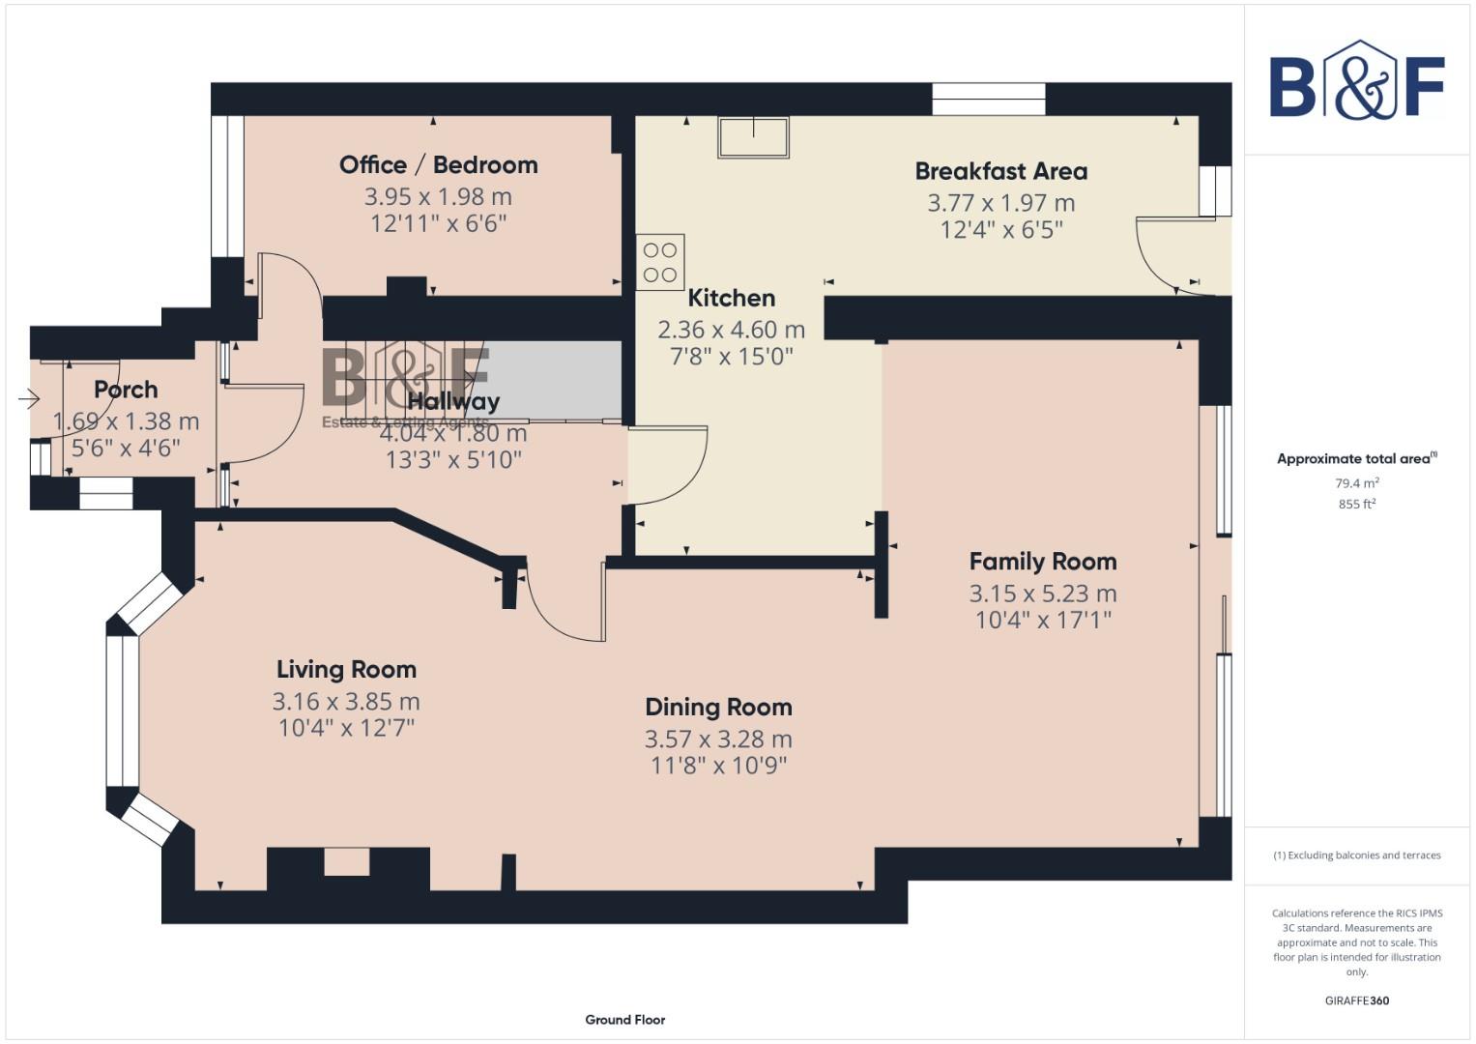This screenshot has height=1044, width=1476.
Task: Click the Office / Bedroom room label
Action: tap(438, 165)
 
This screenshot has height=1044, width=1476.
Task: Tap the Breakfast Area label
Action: tap(1000, 171)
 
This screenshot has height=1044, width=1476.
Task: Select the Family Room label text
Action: tap(1042, 562)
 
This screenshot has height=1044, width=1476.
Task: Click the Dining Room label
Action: tap(718, 708)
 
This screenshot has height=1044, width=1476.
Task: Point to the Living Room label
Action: tap(346, 670)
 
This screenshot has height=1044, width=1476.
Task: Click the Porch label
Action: tap(126, 390)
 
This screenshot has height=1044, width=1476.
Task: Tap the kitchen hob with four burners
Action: tap(660, 262)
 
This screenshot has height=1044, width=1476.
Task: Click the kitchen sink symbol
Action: tap(753, 136)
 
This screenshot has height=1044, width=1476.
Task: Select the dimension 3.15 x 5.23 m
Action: tap(1042, 594)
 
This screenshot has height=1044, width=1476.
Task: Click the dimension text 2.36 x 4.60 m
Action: tap(731, 330)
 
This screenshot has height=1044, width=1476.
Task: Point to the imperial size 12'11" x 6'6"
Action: tap(438, 224)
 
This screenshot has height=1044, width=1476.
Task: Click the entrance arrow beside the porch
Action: tap(28, 398)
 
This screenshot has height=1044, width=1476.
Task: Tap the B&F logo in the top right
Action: tap(1356, 81)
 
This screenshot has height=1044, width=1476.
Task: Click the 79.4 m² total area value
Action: tap(1356, 482)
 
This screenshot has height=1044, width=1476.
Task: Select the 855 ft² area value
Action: tap(1356, 504)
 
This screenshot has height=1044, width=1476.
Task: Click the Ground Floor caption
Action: tap(624, 1019)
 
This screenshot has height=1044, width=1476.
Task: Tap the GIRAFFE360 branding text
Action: tap(1356, 1000)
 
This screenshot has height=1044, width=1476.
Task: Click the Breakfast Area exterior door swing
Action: tap(1165, 256)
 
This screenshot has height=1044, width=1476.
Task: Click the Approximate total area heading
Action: tap(1356, 458)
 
